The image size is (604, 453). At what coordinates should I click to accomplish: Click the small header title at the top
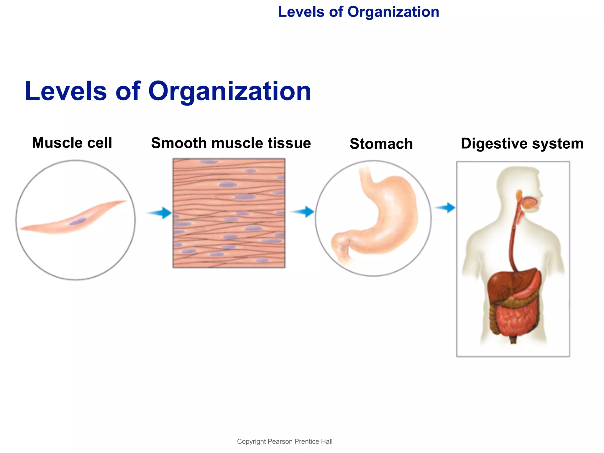(x=358, y=12)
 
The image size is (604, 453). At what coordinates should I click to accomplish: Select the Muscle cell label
(x=72, y=143)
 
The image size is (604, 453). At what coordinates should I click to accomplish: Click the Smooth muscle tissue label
(x=231, y=143)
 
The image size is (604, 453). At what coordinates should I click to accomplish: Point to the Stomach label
(x=381, y=144)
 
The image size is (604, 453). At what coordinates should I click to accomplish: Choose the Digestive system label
(x=522, y=144)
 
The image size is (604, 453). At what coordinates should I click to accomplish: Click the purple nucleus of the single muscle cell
(x=78, y=221)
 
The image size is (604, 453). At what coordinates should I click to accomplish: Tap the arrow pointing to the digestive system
(x=446, y=208)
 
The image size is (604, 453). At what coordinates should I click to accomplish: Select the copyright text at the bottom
(x=285, y=441)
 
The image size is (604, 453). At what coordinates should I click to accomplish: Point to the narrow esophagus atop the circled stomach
(x=366, y=177)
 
